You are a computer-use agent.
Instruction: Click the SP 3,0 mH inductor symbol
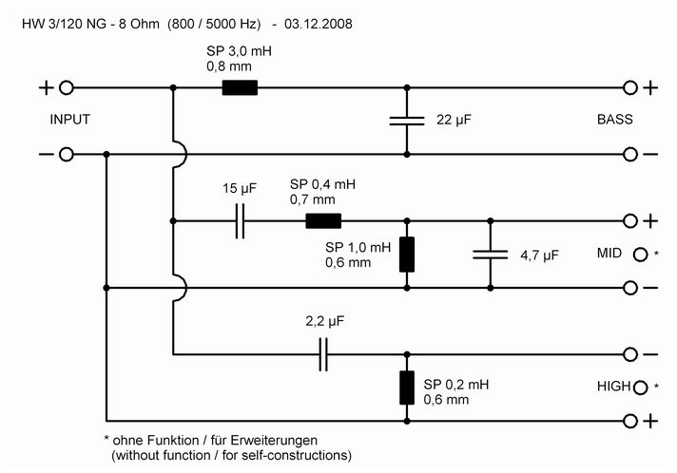[240, 87]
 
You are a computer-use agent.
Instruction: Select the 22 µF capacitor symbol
[407, 121]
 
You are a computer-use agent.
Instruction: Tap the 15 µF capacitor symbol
[240, 221]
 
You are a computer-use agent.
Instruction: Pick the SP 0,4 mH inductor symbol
[323, 220]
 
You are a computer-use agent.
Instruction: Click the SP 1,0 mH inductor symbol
[407, 255]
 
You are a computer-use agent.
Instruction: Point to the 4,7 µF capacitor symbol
[490, 255]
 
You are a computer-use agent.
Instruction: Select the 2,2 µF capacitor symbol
[323, 354]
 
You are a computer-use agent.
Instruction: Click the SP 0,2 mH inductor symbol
[407, 388]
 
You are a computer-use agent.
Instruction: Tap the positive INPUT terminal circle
[66, 87]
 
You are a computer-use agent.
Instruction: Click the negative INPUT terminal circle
[66, 154]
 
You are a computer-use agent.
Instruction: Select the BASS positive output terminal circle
[630, 87]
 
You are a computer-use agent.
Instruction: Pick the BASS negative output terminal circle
[630, 154]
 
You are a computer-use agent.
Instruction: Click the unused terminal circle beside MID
[640, 255]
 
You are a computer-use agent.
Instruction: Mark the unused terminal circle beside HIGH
[640, 388]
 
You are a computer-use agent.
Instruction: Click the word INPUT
[70, 120]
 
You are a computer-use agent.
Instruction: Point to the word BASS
[615, 120]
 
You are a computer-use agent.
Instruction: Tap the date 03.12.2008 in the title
[319, 24]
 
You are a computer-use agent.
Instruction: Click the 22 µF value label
[454, 120]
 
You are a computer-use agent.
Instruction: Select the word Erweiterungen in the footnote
[274, 441]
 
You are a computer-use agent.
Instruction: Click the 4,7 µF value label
[540, 255]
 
